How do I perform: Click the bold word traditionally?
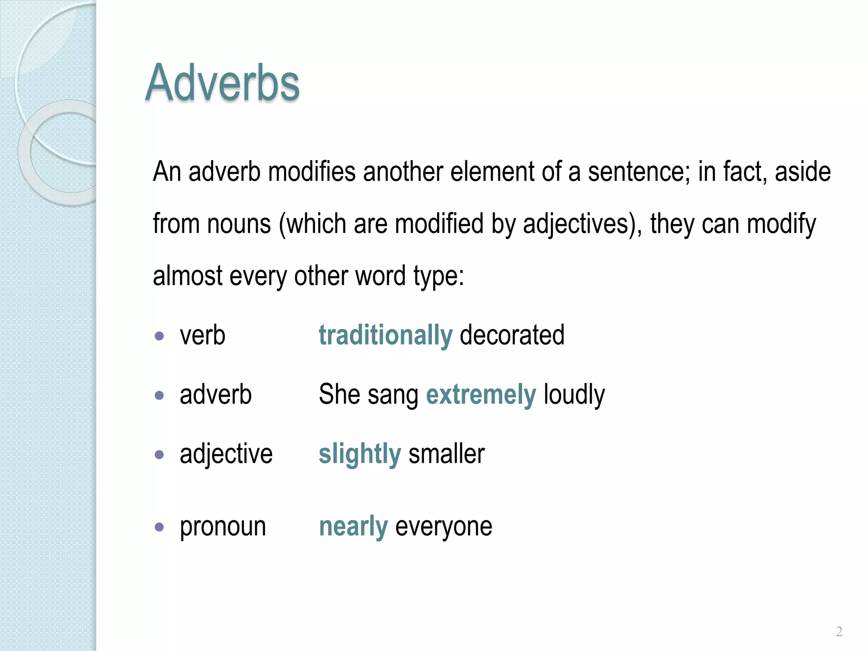point(386,335)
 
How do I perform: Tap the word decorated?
point(512,335)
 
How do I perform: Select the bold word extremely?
point(481,395)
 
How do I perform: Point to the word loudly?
point(574,395)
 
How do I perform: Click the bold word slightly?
point(359,454)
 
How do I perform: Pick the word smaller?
point(446,454)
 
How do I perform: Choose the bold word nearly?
point(353,527)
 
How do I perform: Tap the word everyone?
point(444,527)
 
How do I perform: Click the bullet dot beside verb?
point(159,336)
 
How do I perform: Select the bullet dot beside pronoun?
point(159,527)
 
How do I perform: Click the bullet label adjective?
point(226,454)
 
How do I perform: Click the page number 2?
point(839,632)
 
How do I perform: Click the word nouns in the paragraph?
point(239,224)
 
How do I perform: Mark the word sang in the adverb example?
point(393,395)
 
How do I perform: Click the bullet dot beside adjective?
point(159,455)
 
